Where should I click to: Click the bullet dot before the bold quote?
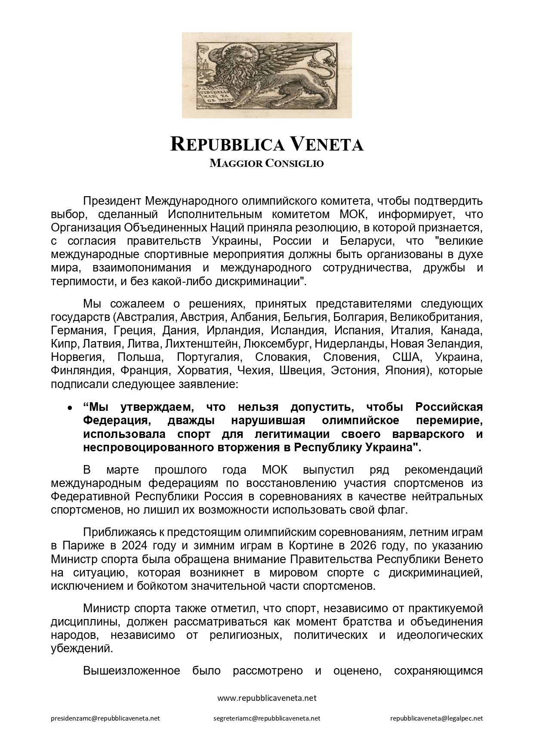pyautogui.click(x=69, y=407)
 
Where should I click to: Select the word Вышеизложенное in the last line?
pyautogui.click(x=132, y=671)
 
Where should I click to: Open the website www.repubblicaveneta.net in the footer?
pyautogui.click(x=267, y=698)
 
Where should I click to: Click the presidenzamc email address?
pyautogui.click(x=105, y=718)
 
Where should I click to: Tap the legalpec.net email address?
pyautogui.click(x=436, y=718)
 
